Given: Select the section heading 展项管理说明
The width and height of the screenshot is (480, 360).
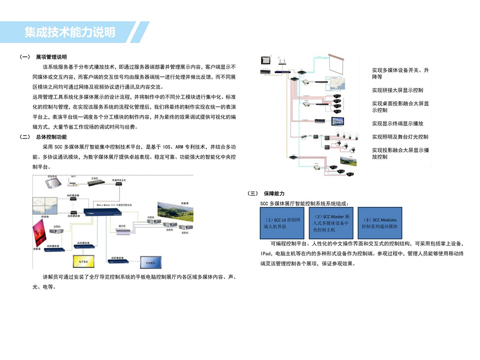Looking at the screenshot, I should click(x=51, y=57).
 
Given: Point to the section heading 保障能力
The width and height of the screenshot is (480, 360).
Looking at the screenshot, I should click(x=273, y=193).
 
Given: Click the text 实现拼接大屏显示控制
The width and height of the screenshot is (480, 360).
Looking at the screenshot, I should click(x=397, y=90).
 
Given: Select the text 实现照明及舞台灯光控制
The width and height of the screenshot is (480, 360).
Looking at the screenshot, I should click(x=400, y=137).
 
